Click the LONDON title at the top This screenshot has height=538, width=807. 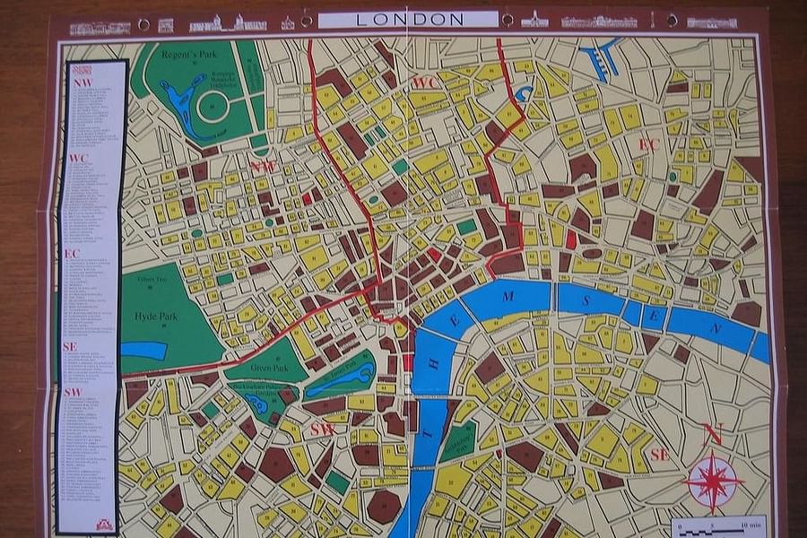point(409,19)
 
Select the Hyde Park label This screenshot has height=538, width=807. point(157,317)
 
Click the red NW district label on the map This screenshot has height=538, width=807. point(263,167)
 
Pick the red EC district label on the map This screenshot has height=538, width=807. point(648,144)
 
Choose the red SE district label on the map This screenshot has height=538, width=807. point(660,455)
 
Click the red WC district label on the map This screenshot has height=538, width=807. point(423,83)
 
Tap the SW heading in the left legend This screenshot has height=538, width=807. point(73,393)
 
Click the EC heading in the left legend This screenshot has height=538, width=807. point(73,254)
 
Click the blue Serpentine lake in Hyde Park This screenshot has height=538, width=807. point(143,350)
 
